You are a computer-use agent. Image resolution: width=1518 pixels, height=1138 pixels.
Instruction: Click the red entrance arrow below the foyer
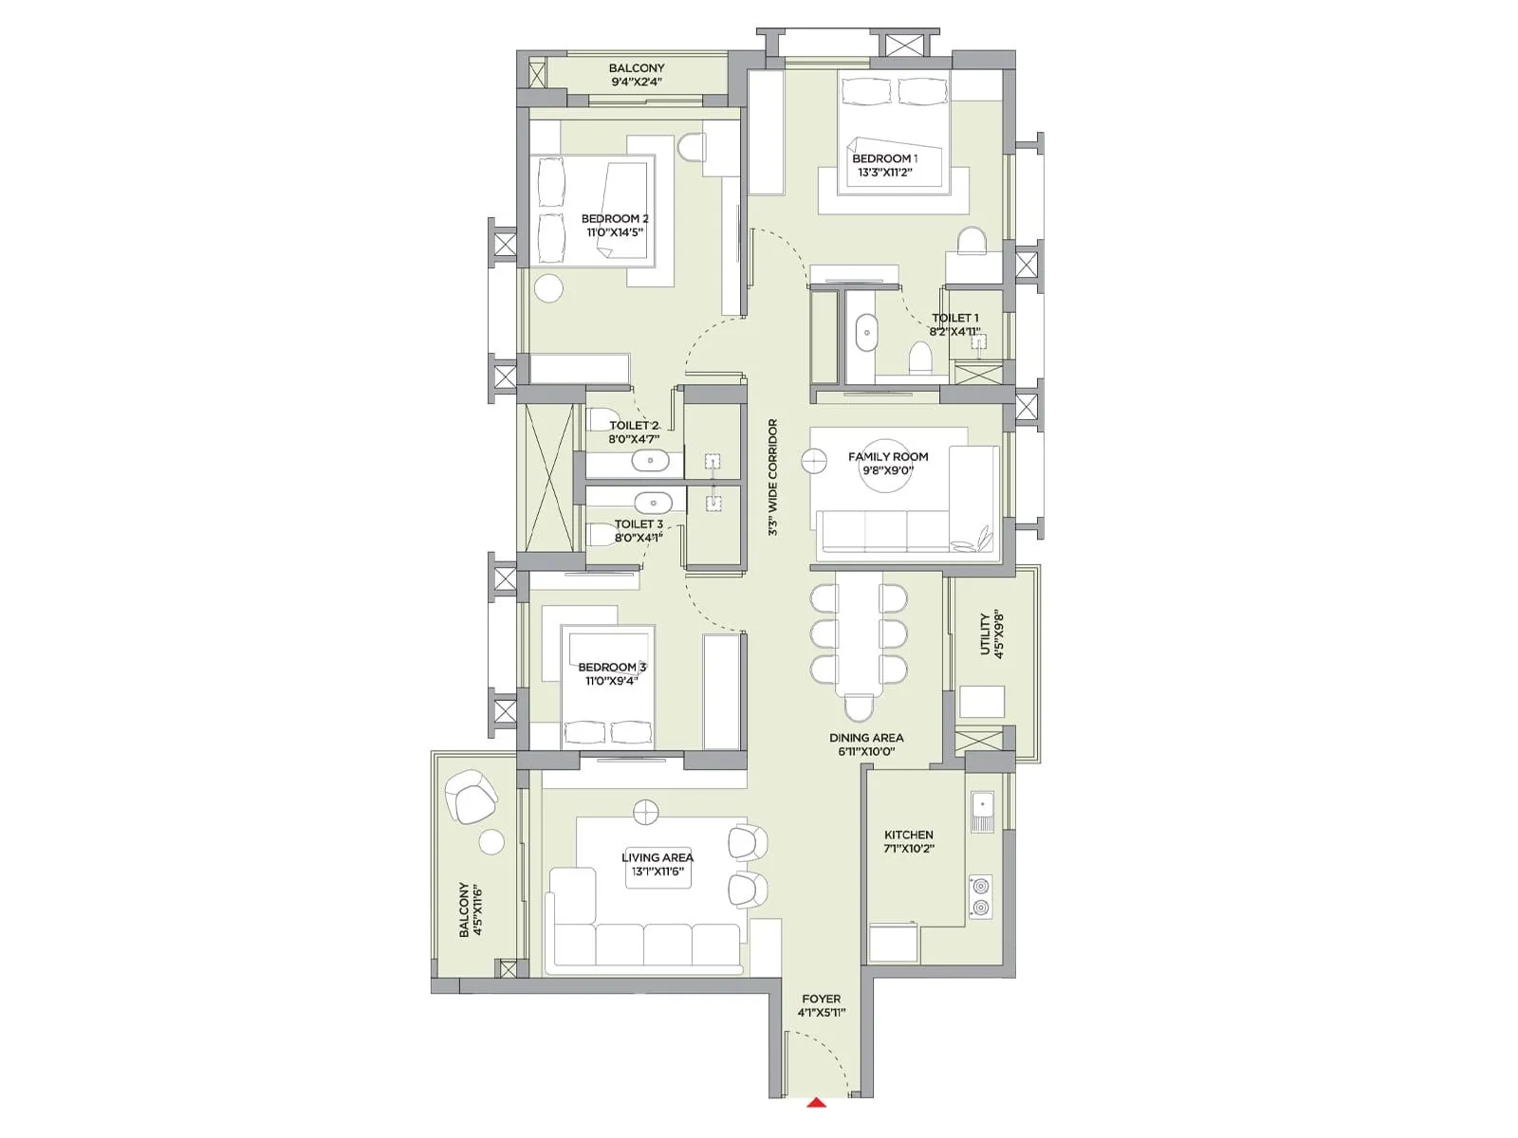[816, 1102]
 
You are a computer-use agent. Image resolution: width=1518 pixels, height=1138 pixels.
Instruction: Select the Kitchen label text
[909, 835]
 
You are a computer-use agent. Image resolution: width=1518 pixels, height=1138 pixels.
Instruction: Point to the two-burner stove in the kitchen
[980, 897]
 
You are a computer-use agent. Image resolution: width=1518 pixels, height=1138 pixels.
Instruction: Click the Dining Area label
[866, 738]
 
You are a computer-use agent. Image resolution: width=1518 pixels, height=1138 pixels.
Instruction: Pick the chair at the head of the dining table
[859, 707]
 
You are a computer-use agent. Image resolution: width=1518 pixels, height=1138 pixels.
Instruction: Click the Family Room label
[888, 457]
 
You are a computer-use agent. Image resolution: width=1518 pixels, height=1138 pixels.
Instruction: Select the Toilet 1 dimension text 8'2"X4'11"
[954, 332]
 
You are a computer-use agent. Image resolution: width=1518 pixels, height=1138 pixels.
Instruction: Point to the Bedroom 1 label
[884, 158]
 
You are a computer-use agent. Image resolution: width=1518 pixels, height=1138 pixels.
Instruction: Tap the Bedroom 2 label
[615, 219]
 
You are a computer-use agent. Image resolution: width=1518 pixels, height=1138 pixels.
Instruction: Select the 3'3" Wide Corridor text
[773, 478]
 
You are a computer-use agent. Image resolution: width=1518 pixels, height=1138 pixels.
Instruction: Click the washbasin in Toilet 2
[651, 462]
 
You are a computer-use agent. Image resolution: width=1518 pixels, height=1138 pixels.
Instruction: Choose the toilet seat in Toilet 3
[601, 535]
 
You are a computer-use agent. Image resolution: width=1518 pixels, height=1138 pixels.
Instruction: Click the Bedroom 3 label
[612, 668]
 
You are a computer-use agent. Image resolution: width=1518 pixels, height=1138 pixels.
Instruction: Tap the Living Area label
[657, 857]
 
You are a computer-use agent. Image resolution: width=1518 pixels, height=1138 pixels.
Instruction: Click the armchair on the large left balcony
[471, 797]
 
